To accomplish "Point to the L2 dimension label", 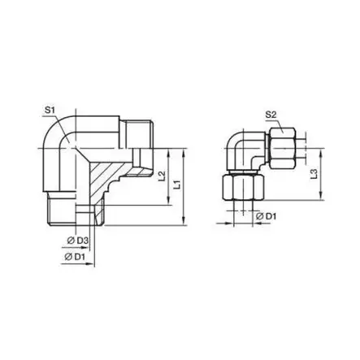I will [162, 176].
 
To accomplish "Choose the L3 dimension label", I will [313, 173].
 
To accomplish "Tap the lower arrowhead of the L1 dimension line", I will [188, 219].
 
